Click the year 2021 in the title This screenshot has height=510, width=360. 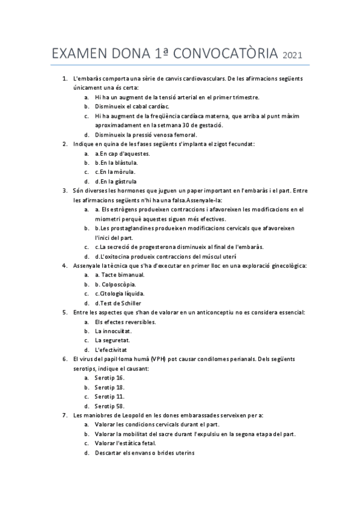292,56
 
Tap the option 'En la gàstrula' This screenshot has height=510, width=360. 115,181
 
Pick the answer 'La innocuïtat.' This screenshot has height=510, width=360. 113,331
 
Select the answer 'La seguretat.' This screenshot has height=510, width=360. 112,340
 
